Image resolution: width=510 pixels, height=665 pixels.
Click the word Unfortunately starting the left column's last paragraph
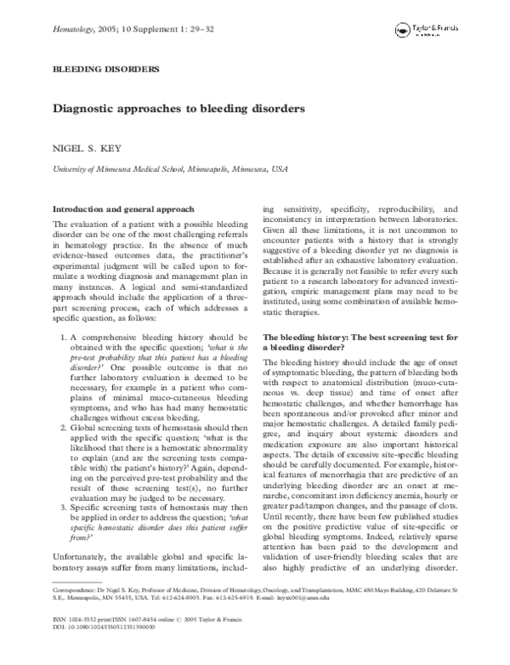pyautogui.click(x=87, y=554)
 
